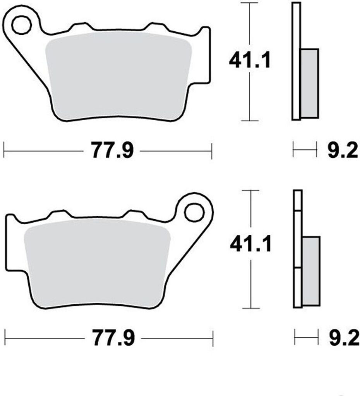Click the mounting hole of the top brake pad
tap(21, 25)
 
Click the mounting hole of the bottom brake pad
tap(194, 213)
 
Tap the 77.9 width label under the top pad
tap(112, 151)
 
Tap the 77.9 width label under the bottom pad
tap(113, 338)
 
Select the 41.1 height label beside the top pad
tap(250, 61)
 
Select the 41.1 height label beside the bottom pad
tap(250, 244)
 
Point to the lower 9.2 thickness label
tap(344, 338)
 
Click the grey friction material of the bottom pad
tap(97, 263)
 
